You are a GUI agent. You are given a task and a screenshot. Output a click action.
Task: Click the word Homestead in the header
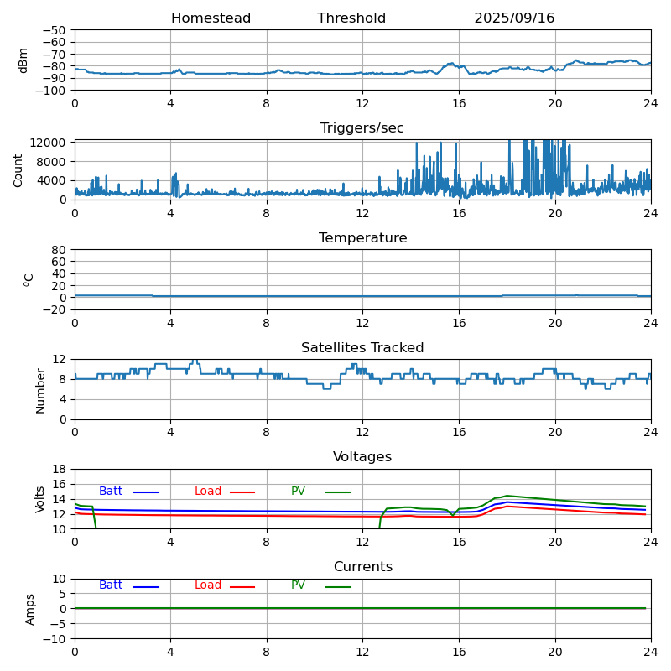click(211, 18)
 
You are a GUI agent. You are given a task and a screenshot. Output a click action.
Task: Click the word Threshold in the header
click(351, 18)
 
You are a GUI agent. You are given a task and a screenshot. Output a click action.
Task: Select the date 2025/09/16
click(514, 18)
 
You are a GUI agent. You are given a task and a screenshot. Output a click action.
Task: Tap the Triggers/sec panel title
click(362, 128)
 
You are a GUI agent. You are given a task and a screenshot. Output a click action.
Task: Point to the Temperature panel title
click(362, 238)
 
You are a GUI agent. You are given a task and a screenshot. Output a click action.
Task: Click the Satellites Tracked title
click(362, 348)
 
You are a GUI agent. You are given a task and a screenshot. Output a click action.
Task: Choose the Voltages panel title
click(362, 457)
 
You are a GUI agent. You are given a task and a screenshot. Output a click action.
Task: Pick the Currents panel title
click(362, 567)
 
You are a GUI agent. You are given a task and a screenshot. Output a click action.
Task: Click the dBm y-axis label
click(23, 60)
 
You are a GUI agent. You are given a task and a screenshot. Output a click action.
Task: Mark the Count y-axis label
click(18, 170)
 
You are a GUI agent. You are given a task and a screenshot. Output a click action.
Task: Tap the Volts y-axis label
click(40, 499)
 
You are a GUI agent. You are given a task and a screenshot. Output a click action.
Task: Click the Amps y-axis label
click(30, 609)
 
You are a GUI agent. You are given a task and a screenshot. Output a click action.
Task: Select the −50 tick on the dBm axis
click(55, 30)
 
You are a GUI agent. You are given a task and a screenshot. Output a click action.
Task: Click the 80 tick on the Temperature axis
click(60, 250)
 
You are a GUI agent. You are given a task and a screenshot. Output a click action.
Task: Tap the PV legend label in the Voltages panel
click(298, 492)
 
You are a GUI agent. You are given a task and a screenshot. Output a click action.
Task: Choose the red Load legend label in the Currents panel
click(208, 585)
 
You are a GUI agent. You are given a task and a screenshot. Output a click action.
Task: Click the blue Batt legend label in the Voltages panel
click(111, 492)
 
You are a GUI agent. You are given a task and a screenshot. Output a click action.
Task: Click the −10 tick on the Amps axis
click(55, 639)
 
